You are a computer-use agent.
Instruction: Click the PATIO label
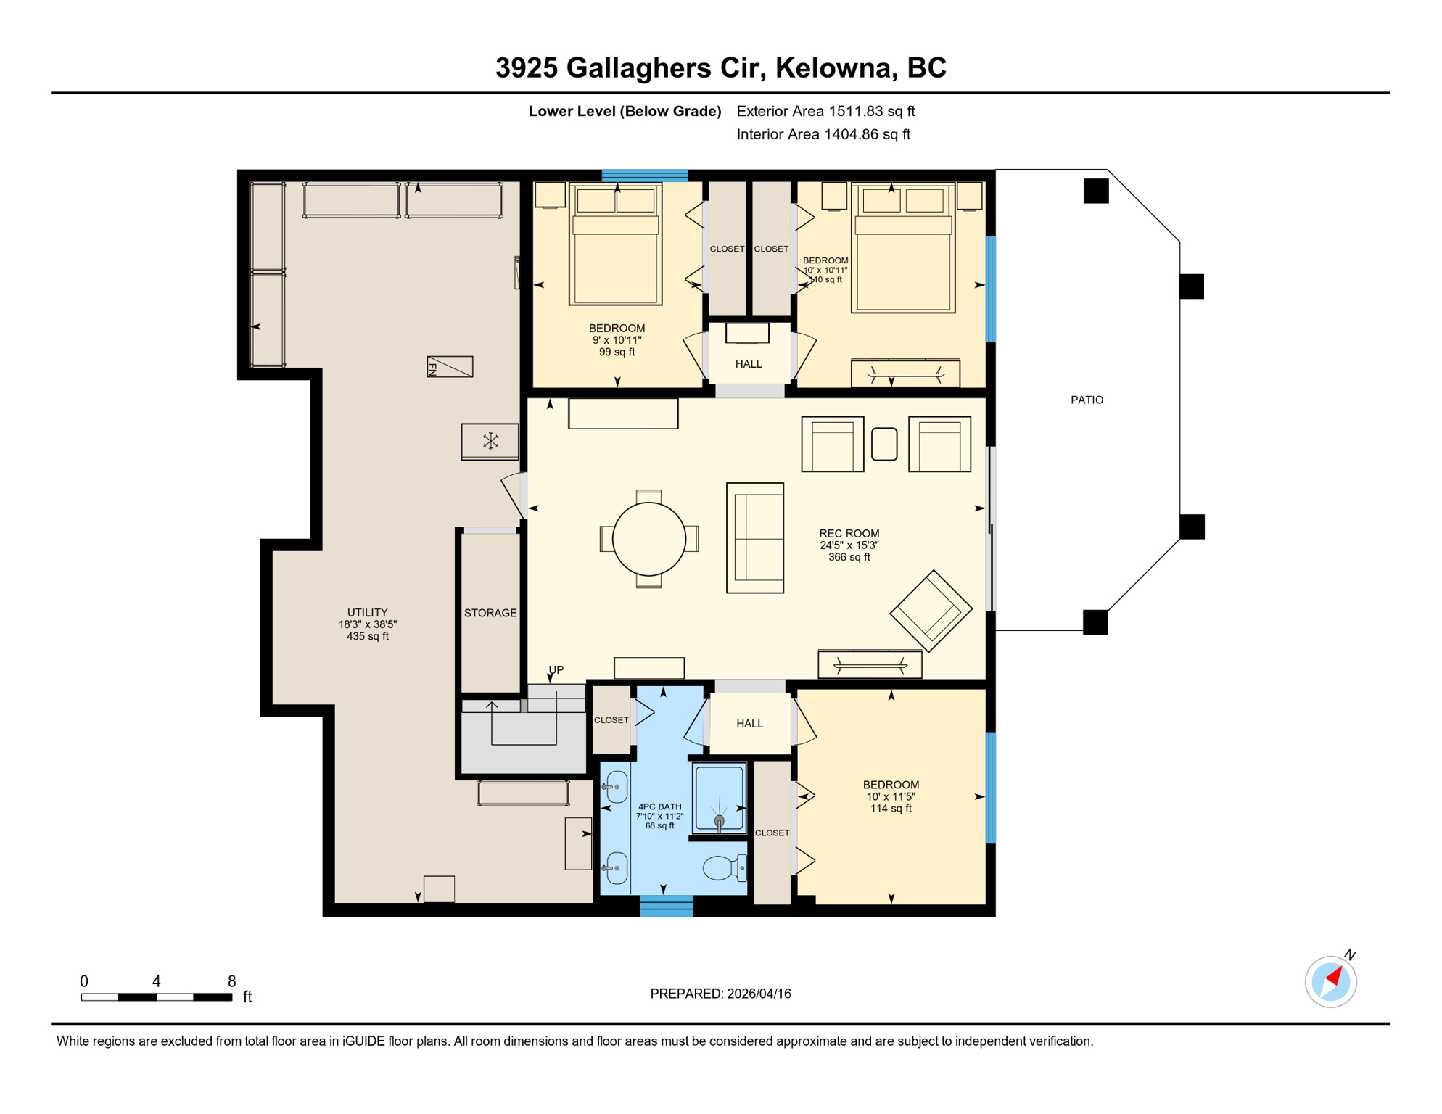[x=1087, y=400]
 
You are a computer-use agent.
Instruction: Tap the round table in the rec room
[x=648, y=539]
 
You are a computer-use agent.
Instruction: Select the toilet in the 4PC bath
[x=722, y=867]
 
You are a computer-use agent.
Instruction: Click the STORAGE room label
[x=490, y=613]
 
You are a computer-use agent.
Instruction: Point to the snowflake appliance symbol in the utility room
[x=490, y=440]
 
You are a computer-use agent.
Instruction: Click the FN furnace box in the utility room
[x=450, y=366]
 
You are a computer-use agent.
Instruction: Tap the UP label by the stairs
[x=556, y=669]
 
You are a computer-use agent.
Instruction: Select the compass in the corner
[x=1330, y=981]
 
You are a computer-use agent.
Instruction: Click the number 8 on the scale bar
[x=231, y=981]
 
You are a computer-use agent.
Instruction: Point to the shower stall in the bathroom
[x=718, y=798]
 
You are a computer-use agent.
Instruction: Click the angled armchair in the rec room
[x=931, y=610]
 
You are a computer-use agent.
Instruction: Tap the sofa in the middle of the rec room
[x=755, y=538]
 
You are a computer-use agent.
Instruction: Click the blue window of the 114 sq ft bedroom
[x=990, y=788]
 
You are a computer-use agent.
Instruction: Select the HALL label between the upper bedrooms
[x=749, y=364]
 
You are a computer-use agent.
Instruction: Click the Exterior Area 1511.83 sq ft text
[x=825, y=111]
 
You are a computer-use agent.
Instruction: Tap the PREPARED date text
[x=720, y=994]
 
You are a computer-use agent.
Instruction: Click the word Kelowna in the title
[x=833, y=67]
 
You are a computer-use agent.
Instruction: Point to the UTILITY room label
[x=367, y=612]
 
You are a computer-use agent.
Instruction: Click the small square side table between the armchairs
[x=883, y=444]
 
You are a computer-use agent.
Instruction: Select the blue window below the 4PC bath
[x=666, y=906]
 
